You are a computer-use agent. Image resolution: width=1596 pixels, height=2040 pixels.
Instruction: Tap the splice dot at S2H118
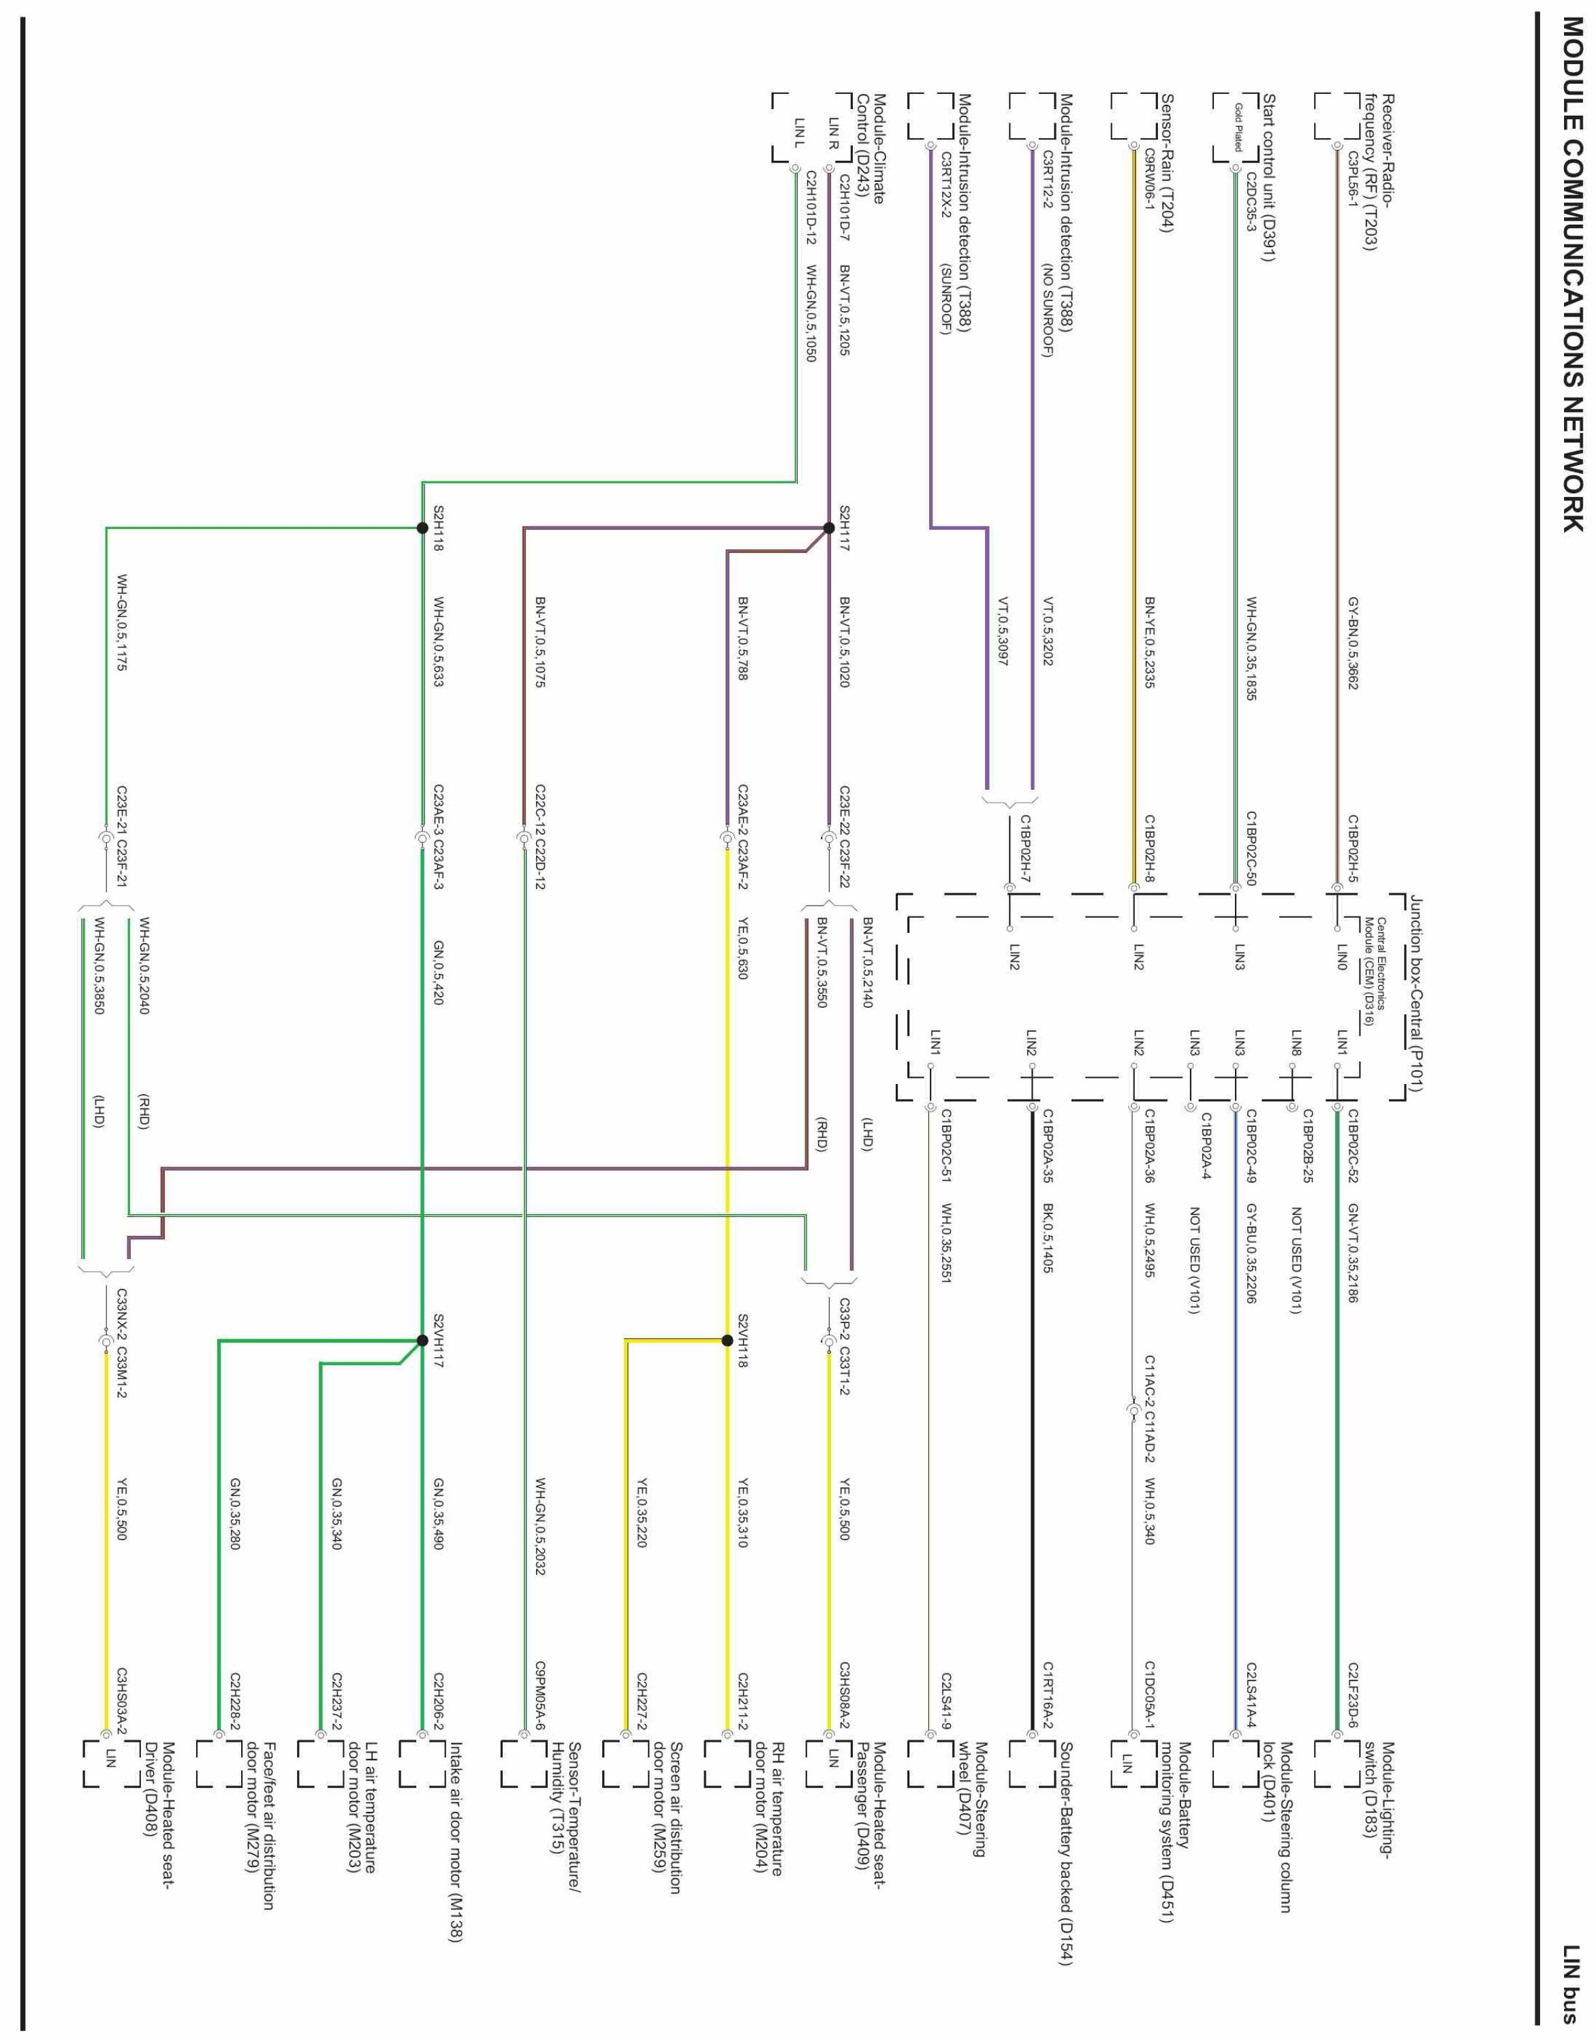tap(422, 528)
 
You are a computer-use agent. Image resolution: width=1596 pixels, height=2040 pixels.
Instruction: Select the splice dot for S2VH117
tap(422, 1341)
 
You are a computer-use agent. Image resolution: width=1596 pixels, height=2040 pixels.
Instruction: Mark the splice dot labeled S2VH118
tap(726, 1341)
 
